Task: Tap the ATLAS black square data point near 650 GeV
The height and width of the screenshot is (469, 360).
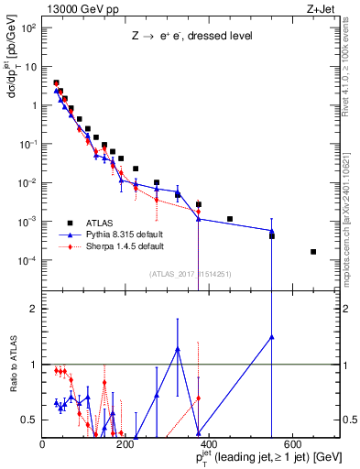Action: tap(313, 252)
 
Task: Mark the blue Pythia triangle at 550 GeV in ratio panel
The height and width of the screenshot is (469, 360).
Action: tap(271, 336)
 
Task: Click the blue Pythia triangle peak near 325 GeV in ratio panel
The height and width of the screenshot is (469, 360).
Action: tap(178, 349)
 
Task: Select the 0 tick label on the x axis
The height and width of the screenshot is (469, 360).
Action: tap(42, 445)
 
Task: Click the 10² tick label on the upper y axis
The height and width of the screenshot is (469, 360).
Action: tap(29, 27)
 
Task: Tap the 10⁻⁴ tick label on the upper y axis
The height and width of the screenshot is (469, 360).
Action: tap(28, 260)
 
